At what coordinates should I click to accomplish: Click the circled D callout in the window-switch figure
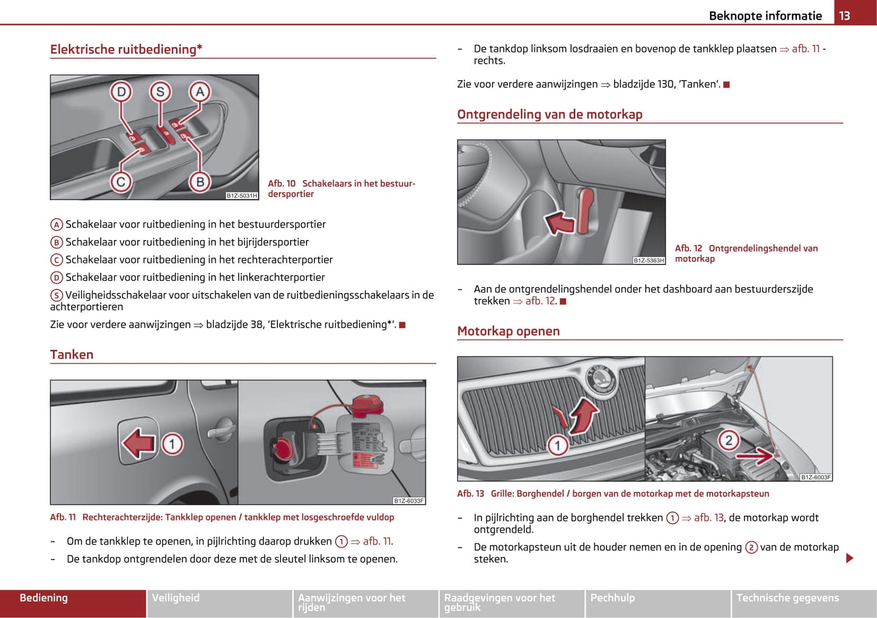pyautogui.click(x=121, y=92)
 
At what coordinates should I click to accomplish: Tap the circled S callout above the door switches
pyautogui.click(x=160, y=92)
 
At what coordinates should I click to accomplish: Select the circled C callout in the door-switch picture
pyautogui.click(x=121, y=181)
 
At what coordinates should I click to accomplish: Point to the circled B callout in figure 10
pyautogui.click(x=200, y=181)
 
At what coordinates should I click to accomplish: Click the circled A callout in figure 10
pyautogui.click(x=200, y=92)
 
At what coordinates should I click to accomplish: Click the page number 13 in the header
pyautogui.click(x=844, y=16)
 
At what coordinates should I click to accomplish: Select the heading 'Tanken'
pyautogui.click(x=72, y=355)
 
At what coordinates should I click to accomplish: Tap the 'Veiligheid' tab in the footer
pyautogui.click(x=175, y=598)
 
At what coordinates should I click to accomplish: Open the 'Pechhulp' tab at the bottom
pyautogui.click(x=612, y=598)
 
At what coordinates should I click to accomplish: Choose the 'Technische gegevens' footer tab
pyautogui.click(x=787, y=598)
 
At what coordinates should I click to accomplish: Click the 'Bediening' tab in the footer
pyautogui.click(x=44, y=598)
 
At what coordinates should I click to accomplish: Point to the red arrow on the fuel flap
pyautogui.click(x=139, y=443)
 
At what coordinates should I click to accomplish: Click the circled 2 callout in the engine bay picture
pyautogui.click(x=728, y=440)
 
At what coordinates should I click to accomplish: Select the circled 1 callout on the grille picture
pyautogui.click(x=558, y=446)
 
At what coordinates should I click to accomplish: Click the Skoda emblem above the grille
pyautogui.click(x=600, y=379)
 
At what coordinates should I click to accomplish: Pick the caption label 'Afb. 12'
pyautogui.click(x=688, y=248)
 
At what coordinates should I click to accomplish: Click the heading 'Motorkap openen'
pyautogui.click(x=508, y=331)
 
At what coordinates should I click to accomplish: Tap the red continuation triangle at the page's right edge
pyautogui.click(x=850, y=558)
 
